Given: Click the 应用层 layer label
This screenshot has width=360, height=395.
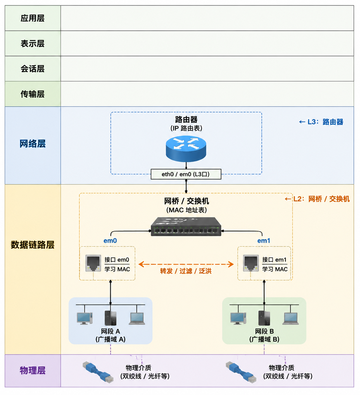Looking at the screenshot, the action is pyautogui.click(x=32, y=18).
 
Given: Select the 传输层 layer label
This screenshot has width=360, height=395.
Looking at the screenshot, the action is pyautogui.click(x=32, y=94).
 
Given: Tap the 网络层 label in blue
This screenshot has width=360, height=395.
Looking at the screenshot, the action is pyautogui.click(x=32, y=143).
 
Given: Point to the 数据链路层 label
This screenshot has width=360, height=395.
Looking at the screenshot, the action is pyautogui.click(x=32, y=245).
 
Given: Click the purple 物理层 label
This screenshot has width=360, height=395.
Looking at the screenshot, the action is pyautogui.click(x=32, y=370).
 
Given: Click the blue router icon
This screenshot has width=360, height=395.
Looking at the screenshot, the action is pyautogui.click(x=186, y=149).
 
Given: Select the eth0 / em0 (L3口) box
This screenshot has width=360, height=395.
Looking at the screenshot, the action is pyautogui.click(x=186, y=174).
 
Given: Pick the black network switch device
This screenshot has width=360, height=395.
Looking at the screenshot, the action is pyautogui.click(x=186, y=227).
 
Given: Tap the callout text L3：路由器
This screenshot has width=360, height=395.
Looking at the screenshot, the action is pyautogui.click(x=325, y=122).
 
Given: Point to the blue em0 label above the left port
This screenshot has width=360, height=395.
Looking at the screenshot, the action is pyautogui.click(x=110, y=240).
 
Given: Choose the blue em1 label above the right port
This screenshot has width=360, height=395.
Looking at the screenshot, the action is pyautogui.click(x=264, y=240).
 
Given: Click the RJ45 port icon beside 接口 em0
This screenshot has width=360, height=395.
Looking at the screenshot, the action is pyautogui.click(x=93, y=263).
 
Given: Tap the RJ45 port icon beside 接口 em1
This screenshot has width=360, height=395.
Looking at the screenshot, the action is pyautogui.click(x=251, y=263).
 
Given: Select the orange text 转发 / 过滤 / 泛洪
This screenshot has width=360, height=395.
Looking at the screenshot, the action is pyautogui.click(x=186, y=271).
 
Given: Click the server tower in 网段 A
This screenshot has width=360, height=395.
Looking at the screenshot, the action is pyautogui.click(x=110, y=318).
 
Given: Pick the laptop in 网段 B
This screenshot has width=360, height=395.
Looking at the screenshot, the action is pyautogui.click(x=291, y=318).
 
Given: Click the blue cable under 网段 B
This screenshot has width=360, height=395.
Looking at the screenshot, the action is pyautogui.click(x=241, y=372).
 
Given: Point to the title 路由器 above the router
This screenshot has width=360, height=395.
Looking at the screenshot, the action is pyautogui.click(x=186, y=119).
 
